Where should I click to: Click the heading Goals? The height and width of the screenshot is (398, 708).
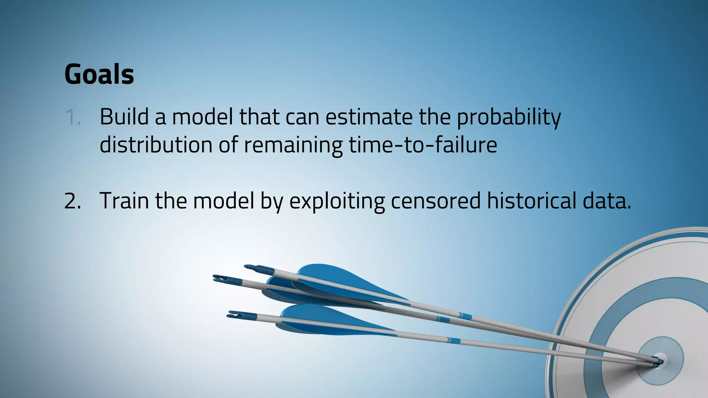[99, 74]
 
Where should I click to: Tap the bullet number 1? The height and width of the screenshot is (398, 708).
[73, 117]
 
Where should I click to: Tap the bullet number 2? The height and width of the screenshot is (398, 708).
[73, 201]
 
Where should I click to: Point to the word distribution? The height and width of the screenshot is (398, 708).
[156, 145]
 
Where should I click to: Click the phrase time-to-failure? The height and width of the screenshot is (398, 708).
[422, 145]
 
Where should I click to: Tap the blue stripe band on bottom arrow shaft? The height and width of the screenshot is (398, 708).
[453, 341]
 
